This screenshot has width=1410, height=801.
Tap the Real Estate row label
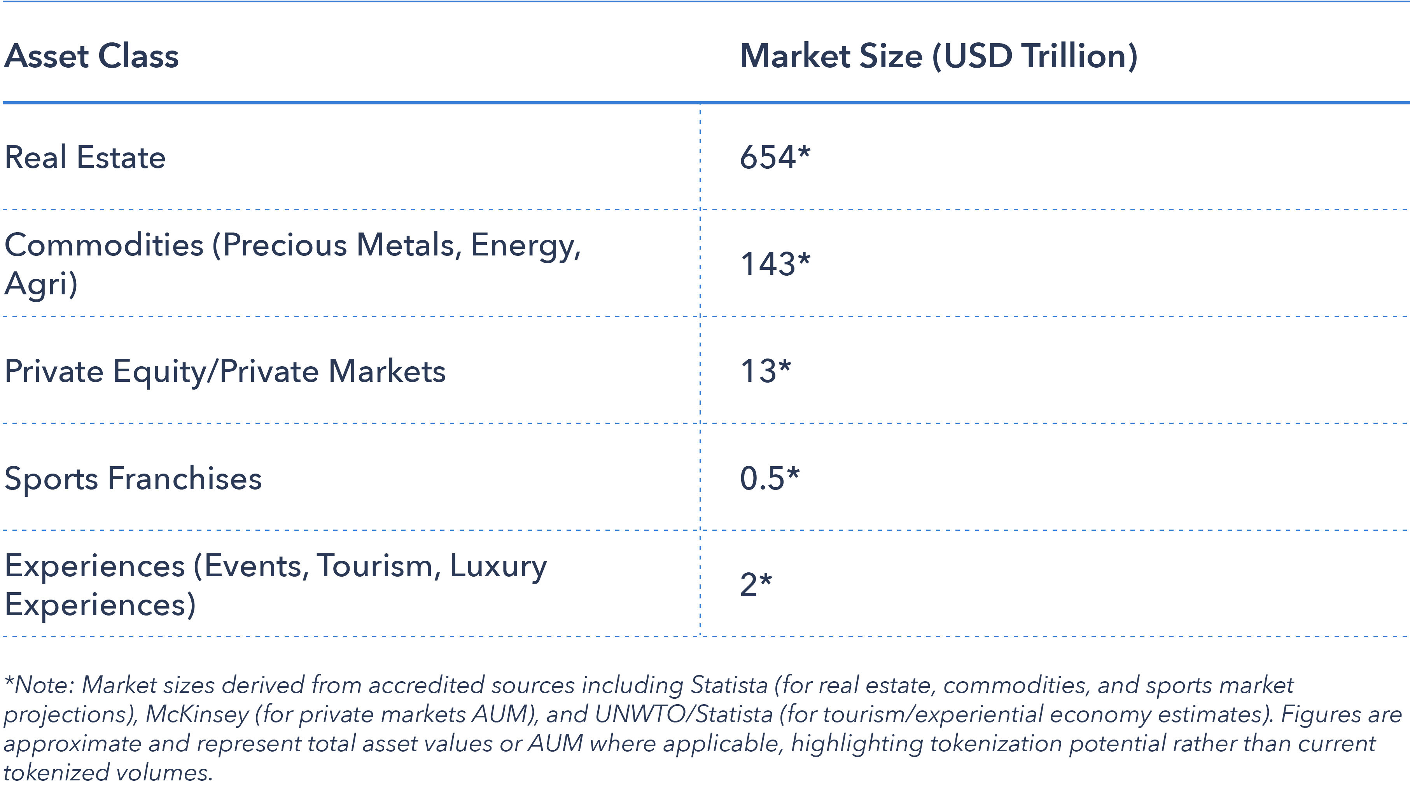[x=85, y=157]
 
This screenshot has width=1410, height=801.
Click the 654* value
[x=775, y=157]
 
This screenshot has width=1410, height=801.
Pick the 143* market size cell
[x=775, y=264]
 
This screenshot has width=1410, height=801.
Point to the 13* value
[x=765, y=371]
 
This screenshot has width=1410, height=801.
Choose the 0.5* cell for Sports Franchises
[x=769, y=478]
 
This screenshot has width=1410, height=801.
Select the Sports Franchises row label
[x=133, y=478]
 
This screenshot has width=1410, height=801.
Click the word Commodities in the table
[x=104, y=245]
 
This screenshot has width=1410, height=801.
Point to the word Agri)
[x=41, y=284]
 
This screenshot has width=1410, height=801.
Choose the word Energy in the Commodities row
[x=525, y=245]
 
